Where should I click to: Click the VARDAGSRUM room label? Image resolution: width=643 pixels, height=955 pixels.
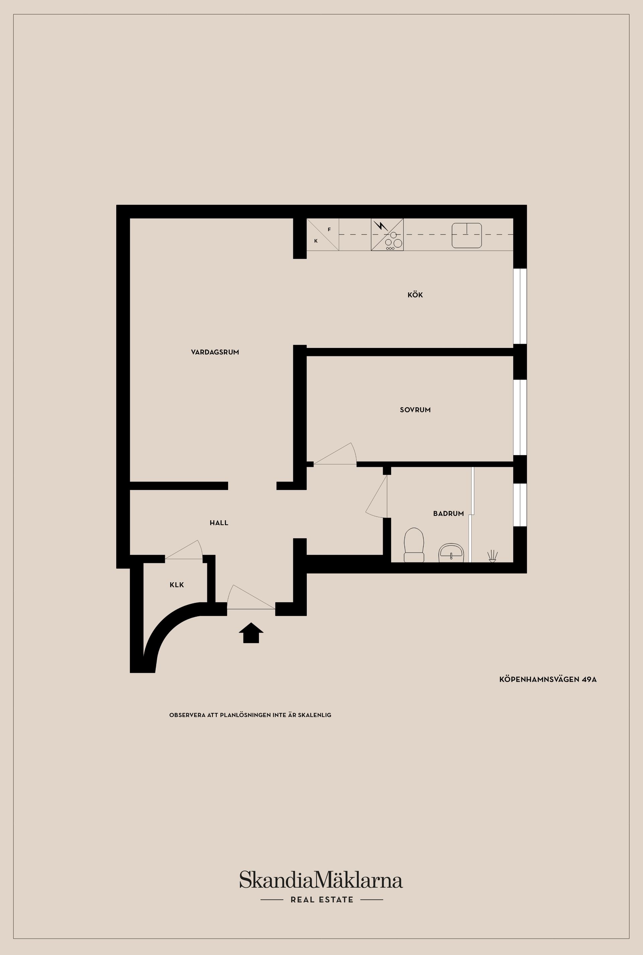[215, 352]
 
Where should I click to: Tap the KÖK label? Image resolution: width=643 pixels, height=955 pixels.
[415, 295]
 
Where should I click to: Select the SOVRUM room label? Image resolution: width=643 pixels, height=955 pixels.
[415, 410]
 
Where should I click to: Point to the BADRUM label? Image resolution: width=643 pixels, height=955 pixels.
[448, 513]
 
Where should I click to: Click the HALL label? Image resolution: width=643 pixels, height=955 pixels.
[219, 523]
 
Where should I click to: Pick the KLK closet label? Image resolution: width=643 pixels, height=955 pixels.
[177, 585]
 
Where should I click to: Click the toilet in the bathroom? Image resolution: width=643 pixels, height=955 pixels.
[414, 545]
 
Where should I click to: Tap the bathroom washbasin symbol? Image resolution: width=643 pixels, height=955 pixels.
[451, 553]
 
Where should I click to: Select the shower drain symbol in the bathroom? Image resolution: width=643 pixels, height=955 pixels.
[492, 556]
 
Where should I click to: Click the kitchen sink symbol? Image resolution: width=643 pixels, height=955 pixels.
[466, 235]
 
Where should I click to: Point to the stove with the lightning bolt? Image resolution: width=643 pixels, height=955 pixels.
[387, 234]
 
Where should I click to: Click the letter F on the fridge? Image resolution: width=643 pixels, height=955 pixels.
[329, 230]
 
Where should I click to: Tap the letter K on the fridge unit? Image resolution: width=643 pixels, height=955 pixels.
[316, 241]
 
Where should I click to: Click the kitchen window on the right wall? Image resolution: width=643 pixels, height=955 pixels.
[520, 306]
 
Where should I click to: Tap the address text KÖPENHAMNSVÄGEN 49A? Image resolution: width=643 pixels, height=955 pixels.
[548, 679]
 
